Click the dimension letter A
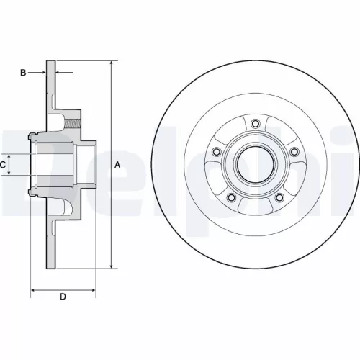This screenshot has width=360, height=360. [x=117, y=165]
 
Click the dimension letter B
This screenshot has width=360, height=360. [x=23, y=73]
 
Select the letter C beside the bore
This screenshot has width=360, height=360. [x=3, y=165]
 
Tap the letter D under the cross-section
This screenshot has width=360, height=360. [x=63, y=296]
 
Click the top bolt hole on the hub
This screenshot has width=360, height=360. [x=255, y=123]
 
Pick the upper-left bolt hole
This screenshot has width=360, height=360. [x=216, y=151]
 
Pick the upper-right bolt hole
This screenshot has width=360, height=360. [x=294, y=151]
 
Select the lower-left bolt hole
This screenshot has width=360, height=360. [x=231, y=197]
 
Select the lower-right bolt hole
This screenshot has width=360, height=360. [x=279, y=197]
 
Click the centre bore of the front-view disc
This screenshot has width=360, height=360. [x=255, y=165]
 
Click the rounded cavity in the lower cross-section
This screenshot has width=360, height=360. [x=66, y=209]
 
